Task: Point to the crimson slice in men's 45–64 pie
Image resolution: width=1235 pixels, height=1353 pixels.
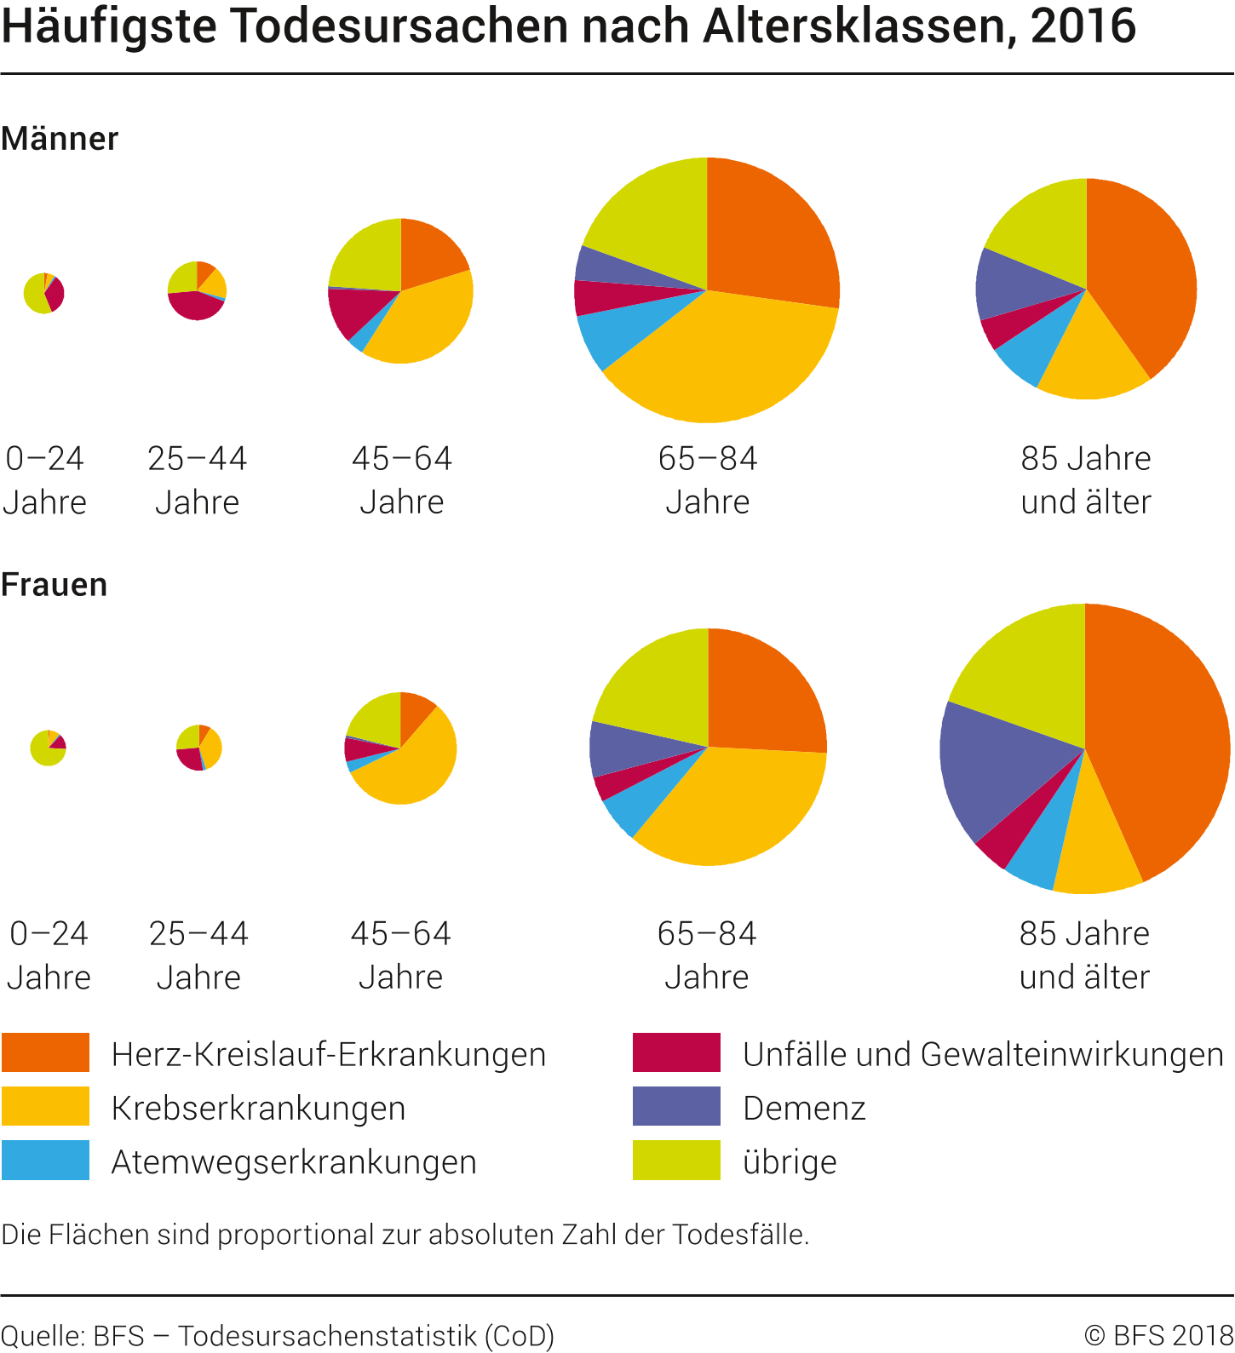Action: (x=353, y=311)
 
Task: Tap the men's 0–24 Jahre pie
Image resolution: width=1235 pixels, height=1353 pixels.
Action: (x=44, y=293)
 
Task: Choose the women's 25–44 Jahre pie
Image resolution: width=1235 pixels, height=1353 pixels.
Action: (x=198, y=748)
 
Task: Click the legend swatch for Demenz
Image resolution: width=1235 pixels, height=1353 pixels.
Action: (x=676, y=1106)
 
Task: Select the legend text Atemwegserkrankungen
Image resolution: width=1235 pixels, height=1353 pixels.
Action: (x=294, y=1161)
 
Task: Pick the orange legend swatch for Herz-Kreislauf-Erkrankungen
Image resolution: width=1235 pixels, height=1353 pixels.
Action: (x=45, y=1052)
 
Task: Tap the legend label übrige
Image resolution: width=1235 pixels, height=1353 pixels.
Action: (x=790, y=1161)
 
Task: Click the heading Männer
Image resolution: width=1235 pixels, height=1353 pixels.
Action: (x=60, y=139)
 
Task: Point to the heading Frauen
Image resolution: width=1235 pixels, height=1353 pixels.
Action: (x=55, y=585)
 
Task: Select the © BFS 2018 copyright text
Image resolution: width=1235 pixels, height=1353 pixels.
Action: (x=1158, y=1335)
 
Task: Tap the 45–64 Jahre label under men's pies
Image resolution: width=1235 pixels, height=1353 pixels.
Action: (x=401, y=480)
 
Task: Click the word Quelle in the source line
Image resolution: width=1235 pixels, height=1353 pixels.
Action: (x=41, y=1335)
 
